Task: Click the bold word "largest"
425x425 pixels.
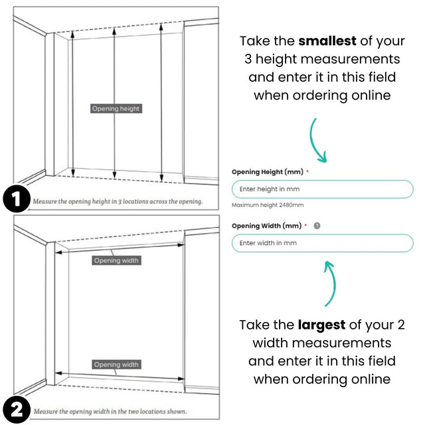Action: [x=322, y=325]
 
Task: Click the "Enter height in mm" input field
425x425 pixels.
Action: [x=322, y=189]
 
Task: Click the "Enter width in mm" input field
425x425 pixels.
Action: [x=322, y=243]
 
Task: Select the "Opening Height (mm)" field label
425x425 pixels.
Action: [x=267, y=172]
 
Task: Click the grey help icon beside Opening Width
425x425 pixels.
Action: [x=317, y=226]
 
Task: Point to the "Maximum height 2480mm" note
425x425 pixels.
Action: [x=268, y=205]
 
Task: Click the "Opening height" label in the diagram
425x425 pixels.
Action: [x=116, y=108]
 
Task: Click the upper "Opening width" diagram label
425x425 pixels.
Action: [x=116, y=260]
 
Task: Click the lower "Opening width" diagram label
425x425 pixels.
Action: [x=116, y=365]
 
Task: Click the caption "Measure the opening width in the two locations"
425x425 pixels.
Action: [x=110, y=411]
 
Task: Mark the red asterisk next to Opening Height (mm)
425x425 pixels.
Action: [x=307, y=172]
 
